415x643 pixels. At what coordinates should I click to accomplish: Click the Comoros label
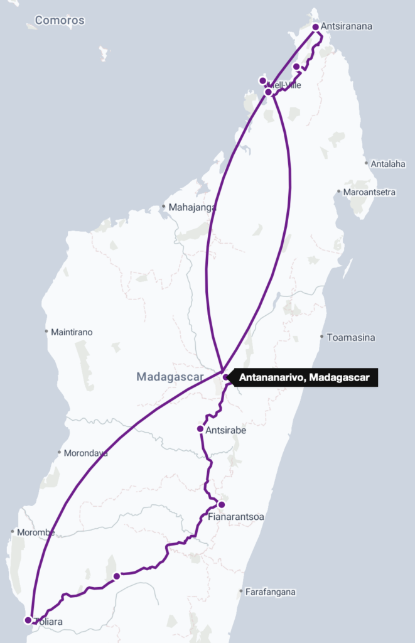coord(60,20)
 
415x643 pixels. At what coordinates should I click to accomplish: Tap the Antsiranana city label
coord(347,27)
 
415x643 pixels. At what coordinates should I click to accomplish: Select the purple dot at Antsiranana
coord(315,27)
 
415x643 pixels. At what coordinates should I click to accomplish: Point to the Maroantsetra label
coord(369,192)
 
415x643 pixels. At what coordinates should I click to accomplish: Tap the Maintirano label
coord(72,332)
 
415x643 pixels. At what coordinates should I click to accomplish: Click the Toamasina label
coord(351,338)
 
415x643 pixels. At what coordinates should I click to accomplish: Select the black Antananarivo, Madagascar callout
coord(305,377)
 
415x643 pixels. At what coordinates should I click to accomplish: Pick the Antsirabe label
coord(225,431)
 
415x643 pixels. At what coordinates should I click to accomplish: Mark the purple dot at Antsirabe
coord(200,430)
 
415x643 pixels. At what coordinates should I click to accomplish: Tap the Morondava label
coord(86,453)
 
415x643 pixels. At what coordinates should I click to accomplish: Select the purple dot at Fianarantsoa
coord(221,504)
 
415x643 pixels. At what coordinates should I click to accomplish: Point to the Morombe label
coord(36,532)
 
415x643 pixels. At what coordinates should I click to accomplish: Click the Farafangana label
coord(271,592)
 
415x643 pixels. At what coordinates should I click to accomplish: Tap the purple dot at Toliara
coord(28,620)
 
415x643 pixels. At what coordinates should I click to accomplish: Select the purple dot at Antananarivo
coord(225,377)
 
